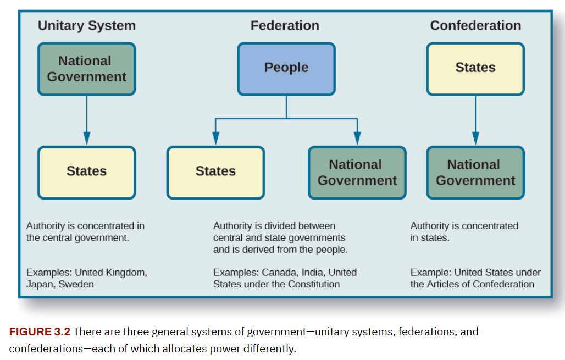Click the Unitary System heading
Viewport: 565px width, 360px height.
click(x=86, y=26)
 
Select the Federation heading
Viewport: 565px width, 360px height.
click(x=285, y=26)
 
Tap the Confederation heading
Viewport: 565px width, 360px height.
click(x=475, y=26)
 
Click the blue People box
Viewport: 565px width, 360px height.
click(x=286, y=68)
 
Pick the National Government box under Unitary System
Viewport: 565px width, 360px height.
click(x=86, y=69)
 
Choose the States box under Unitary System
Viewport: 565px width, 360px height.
click(x=86, y=172)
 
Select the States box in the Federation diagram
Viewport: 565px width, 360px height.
click(x=215, y=172)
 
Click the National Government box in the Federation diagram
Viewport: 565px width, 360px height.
click(x=357, y=173)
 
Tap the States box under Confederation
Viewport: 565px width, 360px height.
click(x=475, y=68)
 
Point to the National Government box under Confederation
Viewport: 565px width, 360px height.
click(x=475, y=173)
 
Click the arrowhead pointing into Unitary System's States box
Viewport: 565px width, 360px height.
click(x=86, y=138)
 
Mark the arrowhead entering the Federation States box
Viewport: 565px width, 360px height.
click(x=215, y=138)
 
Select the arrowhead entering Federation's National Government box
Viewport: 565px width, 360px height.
click(x=357, y=138)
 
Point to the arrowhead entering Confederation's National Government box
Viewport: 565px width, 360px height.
click(x=475, y=138)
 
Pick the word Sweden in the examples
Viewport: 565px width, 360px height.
click(x=77, y=284)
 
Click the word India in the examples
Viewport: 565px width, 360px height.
click(x=311, y=272)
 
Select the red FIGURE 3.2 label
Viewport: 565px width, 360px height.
click(x=40, y=332)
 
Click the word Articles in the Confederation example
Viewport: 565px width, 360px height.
click(x=443, y=284)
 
